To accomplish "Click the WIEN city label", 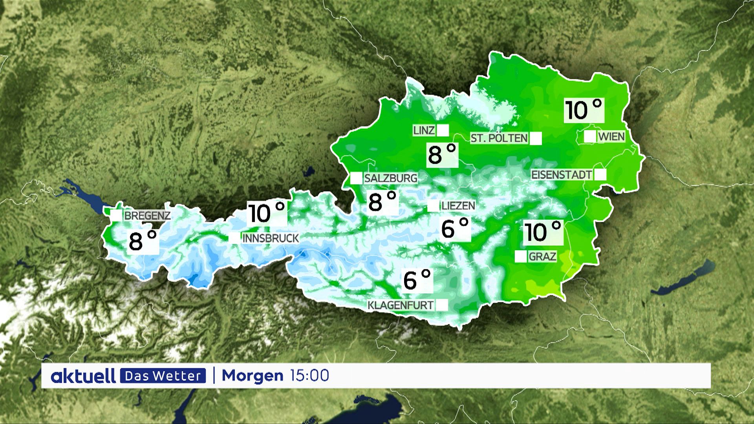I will coord(611,137).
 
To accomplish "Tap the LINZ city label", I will coord(424,130).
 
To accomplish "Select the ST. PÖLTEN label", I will coord(499,138).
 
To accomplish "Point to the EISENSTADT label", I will coord(562,175).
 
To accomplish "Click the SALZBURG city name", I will coord(390,178).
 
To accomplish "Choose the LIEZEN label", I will coord(458,205).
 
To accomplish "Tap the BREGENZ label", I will coord(147,216).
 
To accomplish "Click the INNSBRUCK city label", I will coord(271,238).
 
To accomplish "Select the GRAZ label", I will coord(542,257).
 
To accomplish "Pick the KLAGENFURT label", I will coord(401,305).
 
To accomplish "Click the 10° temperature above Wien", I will coord(584,110).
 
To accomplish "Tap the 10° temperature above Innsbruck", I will coord(267,213).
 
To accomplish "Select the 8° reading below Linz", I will coord(442,154).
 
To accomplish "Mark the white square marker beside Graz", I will coord(521,256).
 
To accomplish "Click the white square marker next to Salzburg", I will coord(356,178).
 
